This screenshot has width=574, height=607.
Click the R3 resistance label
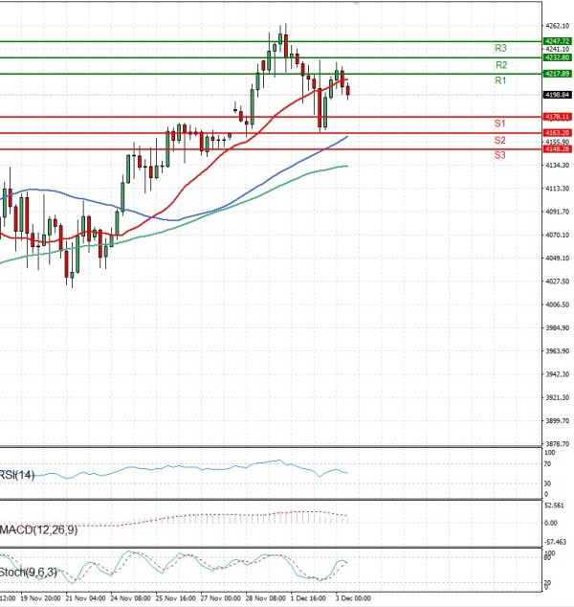coord(500,48)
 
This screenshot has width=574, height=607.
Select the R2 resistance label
coord(500,65)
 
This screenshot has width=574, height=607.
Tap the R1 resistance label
coord(500,82)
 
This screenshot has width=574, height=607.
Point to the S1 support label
coord(499,124)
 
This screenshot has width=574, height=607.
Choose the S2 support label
coord(499,141)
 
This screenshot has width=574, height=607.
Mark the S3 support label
coord(499,155)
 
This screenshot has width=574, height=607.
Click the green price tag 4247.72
coord(556,41)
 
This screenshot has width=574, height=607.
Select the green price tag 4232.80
coord(556,57)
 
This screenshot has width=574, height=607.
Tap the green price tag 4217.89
coord(556,74)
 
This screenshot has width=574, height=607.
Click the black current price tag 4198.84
coord(556,95)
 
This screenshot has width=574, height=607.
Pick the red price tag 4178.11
coord(556,117)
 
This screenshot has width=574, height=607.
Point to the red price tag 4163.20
coord(556,133)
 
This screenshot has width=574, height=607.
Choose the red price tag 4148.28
coord(556,149)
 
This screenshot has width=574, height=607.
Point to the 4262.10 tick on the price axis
coord(557,26)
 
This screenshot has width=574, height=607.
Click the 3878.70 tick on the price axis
coord(557,443)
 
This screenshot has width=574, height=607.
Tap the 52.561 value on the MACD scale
coord(557,505)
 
